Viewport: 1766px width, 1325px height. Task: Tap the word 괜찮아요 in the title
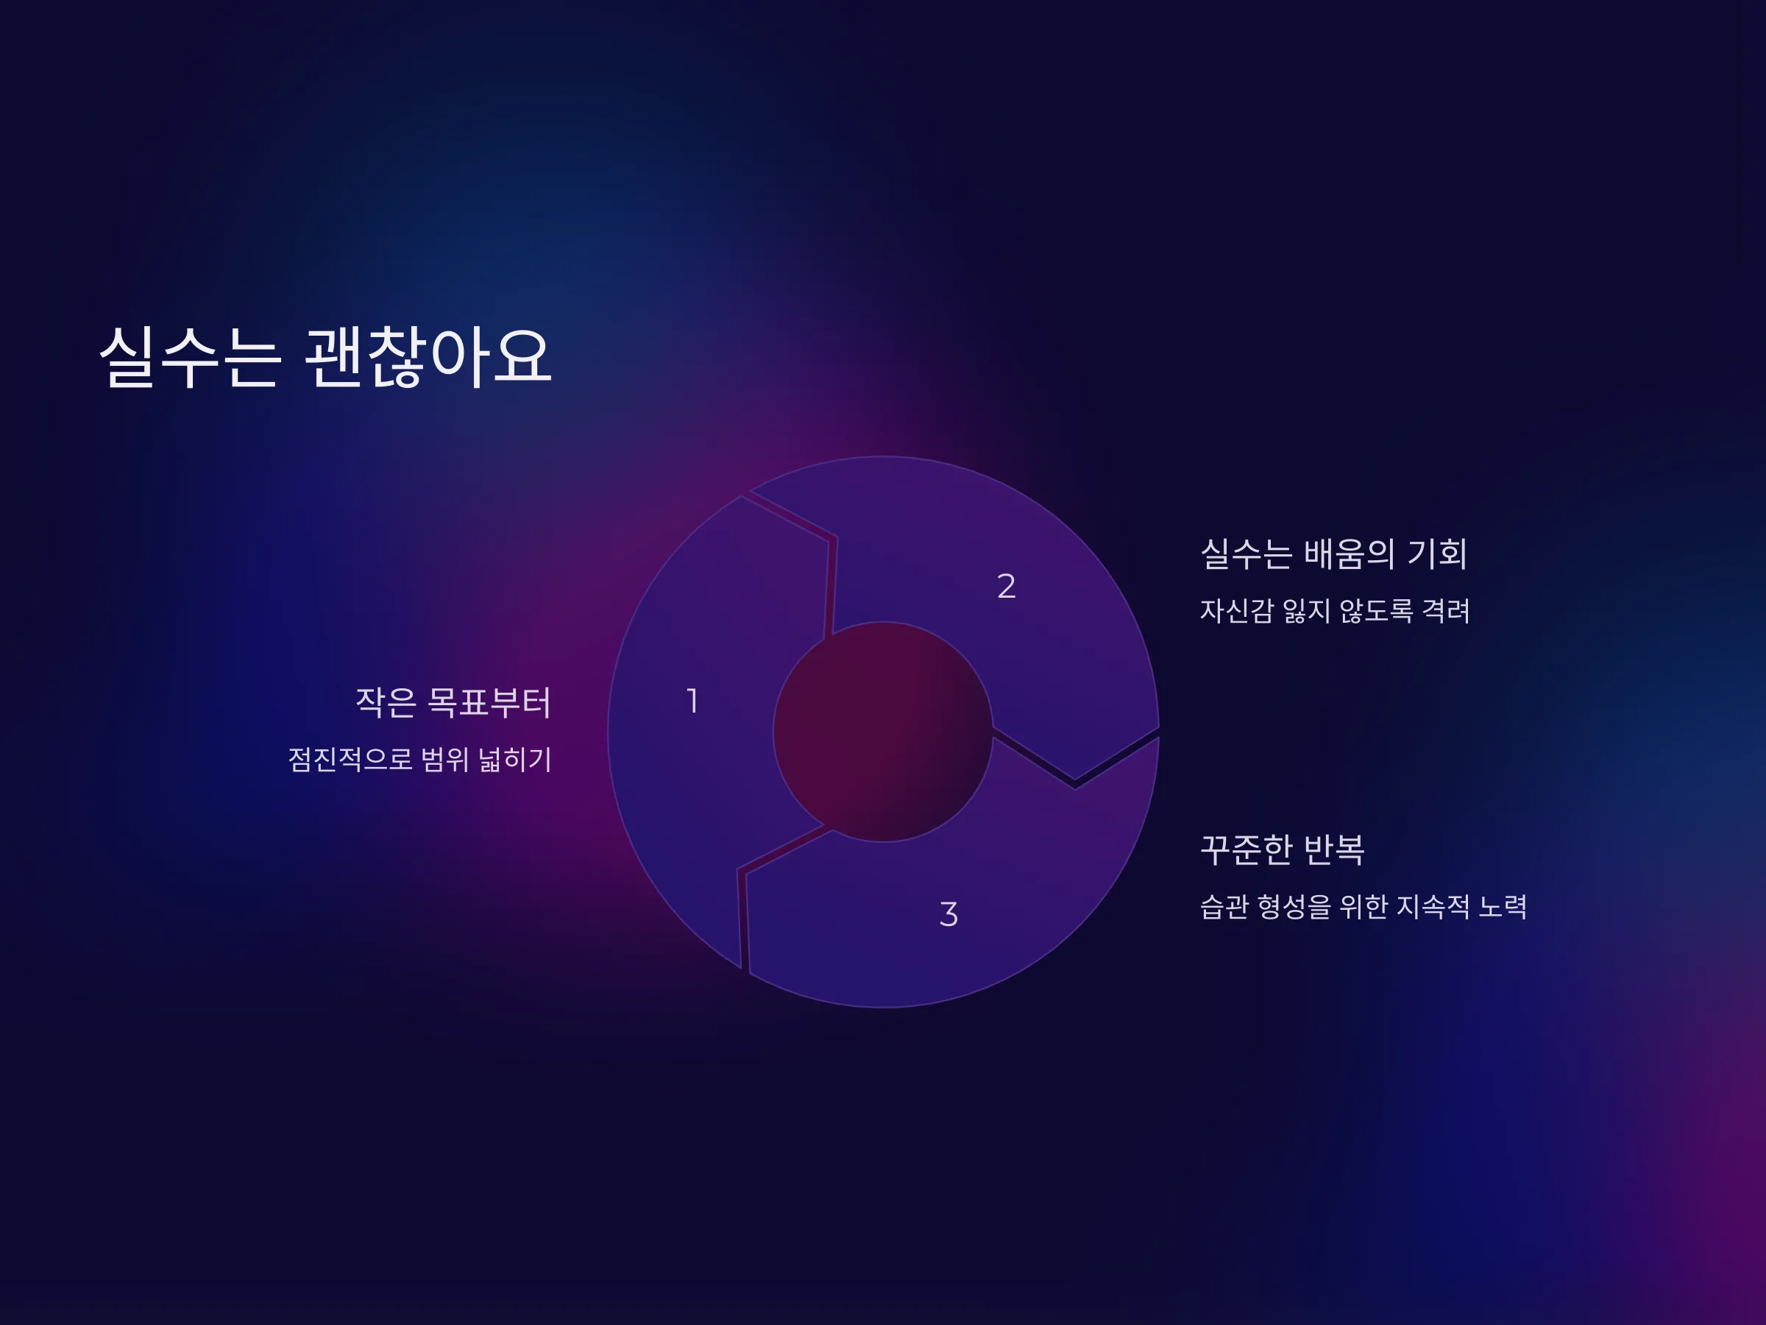[x=428, y=357]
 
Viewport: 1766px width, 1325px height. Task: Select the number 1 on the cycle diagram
[x=693, y=702]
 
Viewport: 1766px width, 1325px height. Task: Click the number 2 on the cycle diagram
[x=1006, y=586]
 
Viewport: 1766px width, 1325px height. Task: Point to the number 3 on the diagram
[x=948, y=914]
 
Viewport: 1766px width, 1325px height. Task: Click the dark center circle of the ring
[x=883, y=732]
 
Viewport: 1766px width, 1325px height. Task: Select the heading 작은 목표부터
[x=453, y=703]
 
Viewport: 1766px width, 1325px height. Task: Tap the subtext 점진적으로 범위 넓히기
[x=420, y=759]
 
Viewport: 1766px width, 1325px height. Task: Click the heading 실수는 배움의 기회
[x=1334, y=554]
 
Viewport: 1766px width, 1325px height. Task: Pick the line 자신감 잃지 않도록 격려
[x=1335, y=611]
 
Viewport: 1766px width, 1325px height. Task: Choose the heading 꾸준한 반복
[x=1282, y=849]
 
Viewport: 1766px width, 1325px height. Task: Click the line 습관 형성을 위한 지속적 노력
[x=1363, y=906]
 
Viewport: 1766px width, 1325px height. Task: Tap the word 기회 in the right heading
[x=1437, y=554]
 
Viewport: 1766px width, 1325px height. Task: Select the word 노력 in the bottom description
[x=1503, y=906]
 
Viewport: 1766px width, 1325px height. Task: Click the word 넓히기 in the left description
[x=515, y=759]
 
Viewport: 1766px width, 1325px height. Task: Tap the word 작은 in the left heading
[x=386, y=703]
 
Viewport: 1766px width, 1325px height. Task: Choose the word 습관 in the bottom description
[x=1224, y=906]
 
